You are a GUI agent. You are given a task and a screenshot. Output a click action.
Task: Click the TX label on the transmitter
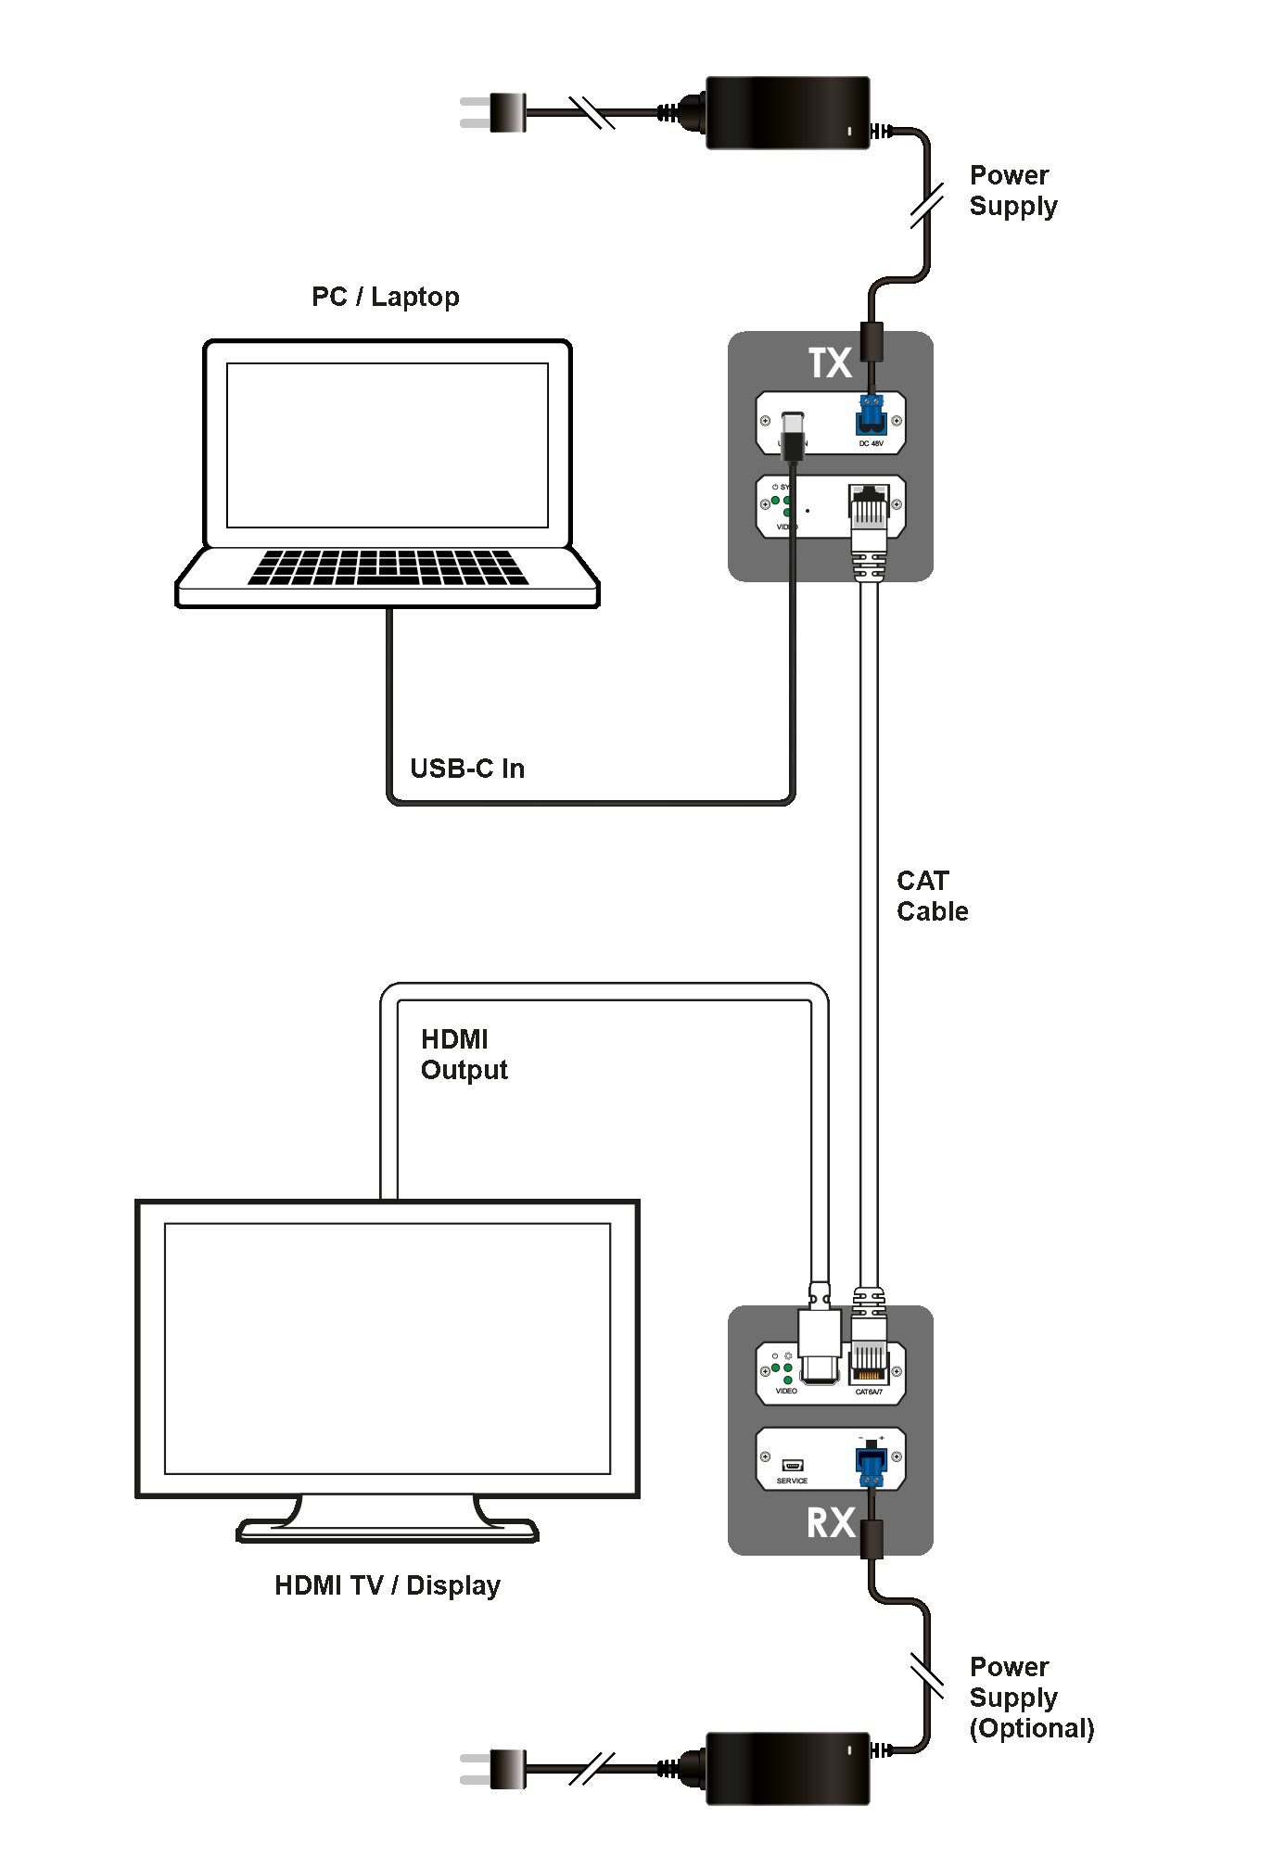pyautogui.click(x=830, y=363)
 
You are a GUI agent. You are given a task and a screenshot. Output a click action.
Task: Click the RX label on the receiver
pyautogui.click(x=831, y=1522)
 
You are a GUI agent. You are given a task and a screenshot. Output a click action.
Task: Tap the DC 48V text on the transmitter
pyautogui.click(x=871, y=444)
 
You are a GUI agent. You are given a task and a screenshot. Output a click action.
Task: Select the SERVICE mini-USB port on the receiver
pyautogui.click(x=792, y=1465)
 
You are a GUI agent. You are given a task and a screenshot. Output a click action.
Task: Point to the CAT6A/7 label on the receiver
pyautogui.click(x=869, y=1392)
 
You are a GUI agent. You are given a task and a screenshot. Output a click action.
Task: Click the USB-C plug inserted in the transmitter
pyautogui.click(x=792, y=436)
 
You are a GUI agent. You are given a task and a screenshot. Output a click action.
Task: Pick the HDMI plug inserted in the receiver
pyautogui.click(x=819, y=1344)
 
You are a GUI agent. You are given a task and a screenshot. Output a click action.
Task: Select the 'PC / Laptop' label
pyautogui.click(x=385, y=297)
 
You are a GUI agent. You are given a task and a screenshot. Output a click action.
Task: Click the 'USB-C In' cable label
pyautogui.click(x=467, y=769)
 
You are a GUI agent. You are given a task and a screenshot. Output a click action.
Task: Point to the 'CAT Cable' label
pyautogui.click(x=932, y=896)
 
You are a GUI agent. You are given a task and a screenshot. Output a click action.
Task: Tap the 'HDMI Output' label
pyautogui.click(x=464, y=1054)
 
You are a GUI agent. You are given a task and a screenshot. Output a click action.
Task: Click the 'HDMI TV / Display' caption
pyautogui.click(x=388, y=1585)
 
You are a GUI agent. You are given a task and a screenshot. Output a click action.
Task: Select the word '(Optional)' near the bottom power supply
pyautogui.click(x=1032, y=1729)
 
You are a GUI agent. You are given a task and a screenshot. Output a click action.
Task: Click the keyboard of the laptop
pyautogui.click(x=388, y=567)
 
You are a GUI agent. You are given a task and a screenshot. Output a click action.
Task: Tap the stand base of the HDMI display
pyautogui.click(x=388, y=1531)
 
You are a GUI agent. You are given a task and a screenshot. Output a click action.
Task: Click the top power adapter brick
pyautogui.click(x=787, y=113)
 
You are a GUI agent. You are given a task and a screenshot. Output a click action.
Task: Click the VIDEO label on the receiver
pyautogui.click(x=786, y=1391)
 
